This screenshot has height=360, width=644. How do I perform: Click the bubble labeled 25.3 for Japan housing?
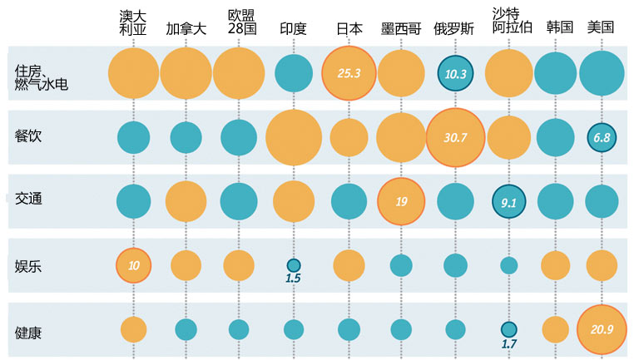point(349,73)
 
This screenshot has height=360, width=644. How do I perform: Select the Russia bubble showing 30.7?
point(454,137)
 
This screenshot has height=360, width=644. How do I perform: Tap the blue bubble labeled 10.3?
point(455,73)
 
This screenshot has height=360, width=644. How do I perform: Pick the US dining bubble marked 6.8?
point(600,137)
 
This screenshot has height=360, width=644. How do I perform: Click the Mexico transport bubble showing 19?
point(401,201)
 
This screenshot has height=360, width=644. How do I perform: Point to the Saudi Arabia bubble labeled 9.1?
point(508,201)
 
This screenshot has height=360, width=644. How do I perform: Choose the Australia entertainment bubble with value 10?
point(133,265)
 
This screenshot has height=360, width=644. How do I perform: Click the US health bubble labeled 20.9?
point(600,329)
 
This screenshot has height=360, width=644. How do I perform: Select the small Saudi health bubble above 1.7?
point(508,328)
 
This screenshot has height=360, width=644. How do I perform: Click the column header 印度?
point(294,28)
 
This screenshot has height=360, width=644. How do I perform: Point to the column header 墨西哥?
point(401,28)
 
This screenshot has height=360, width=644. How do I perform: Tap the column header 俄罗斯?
point(454,28)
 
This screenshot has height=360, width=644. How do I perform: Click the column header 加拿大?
point(186,28)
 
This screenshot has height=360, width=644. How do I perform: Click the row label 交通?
point(28,199)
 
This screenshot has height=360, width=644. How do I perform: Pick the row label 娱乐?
point(28,265)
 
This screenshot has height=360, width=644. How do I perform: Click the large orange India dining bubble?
point(294,137)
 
